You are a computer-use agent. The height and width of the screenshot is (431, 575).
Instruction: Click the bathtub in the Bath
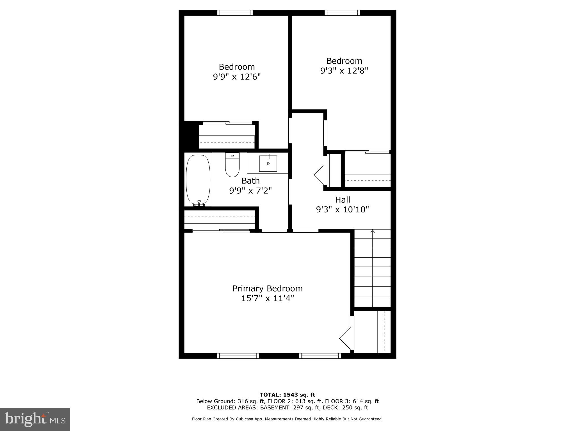click(198, 180)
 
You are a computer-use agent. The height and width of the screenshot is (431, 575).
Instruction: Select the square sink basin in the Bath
click(268, 163)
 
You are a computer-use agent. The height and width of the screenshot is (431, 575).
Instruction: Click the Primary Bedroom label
click(267, 288)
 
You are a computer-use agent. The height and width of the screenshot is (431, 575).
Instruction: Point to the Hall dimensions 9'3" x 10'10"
click(342, 210)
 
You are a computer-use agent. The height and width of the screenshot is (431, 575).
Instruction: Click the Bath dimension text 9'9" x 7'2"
click(250, 191)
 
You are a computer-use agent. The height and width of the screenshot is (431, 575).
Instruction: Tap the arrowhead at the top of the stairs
click(373, 231)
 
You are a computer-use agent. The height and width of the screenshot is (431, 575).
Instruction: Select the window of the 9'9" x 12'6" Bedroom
click(235, 13)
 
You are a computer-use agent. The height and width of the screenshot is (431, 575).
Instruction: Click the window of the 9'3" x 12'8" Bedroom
click(342, 13)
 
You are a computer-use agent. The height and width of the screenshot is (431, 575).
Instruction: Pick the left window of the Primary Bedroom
click(238, 356)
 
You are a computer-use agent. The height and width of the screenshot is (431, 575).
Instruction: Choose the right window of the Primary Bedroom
click(320, 356)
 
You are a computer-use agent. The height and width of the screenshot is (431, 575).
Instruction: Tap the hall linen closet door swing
click(320, 175)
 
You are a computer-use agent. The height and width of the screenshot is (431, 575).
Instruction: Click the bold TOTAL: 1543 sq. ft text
click(287, 395)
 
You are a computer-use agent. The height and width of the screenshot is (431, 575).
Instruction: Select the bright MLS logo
click(35, 419)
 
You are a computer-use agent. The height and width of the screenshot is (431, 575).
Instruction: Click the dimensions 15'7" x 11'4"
click(267, 298)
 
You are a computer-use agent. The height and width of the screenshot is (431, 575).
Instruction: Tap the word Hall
click(343, 200)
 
